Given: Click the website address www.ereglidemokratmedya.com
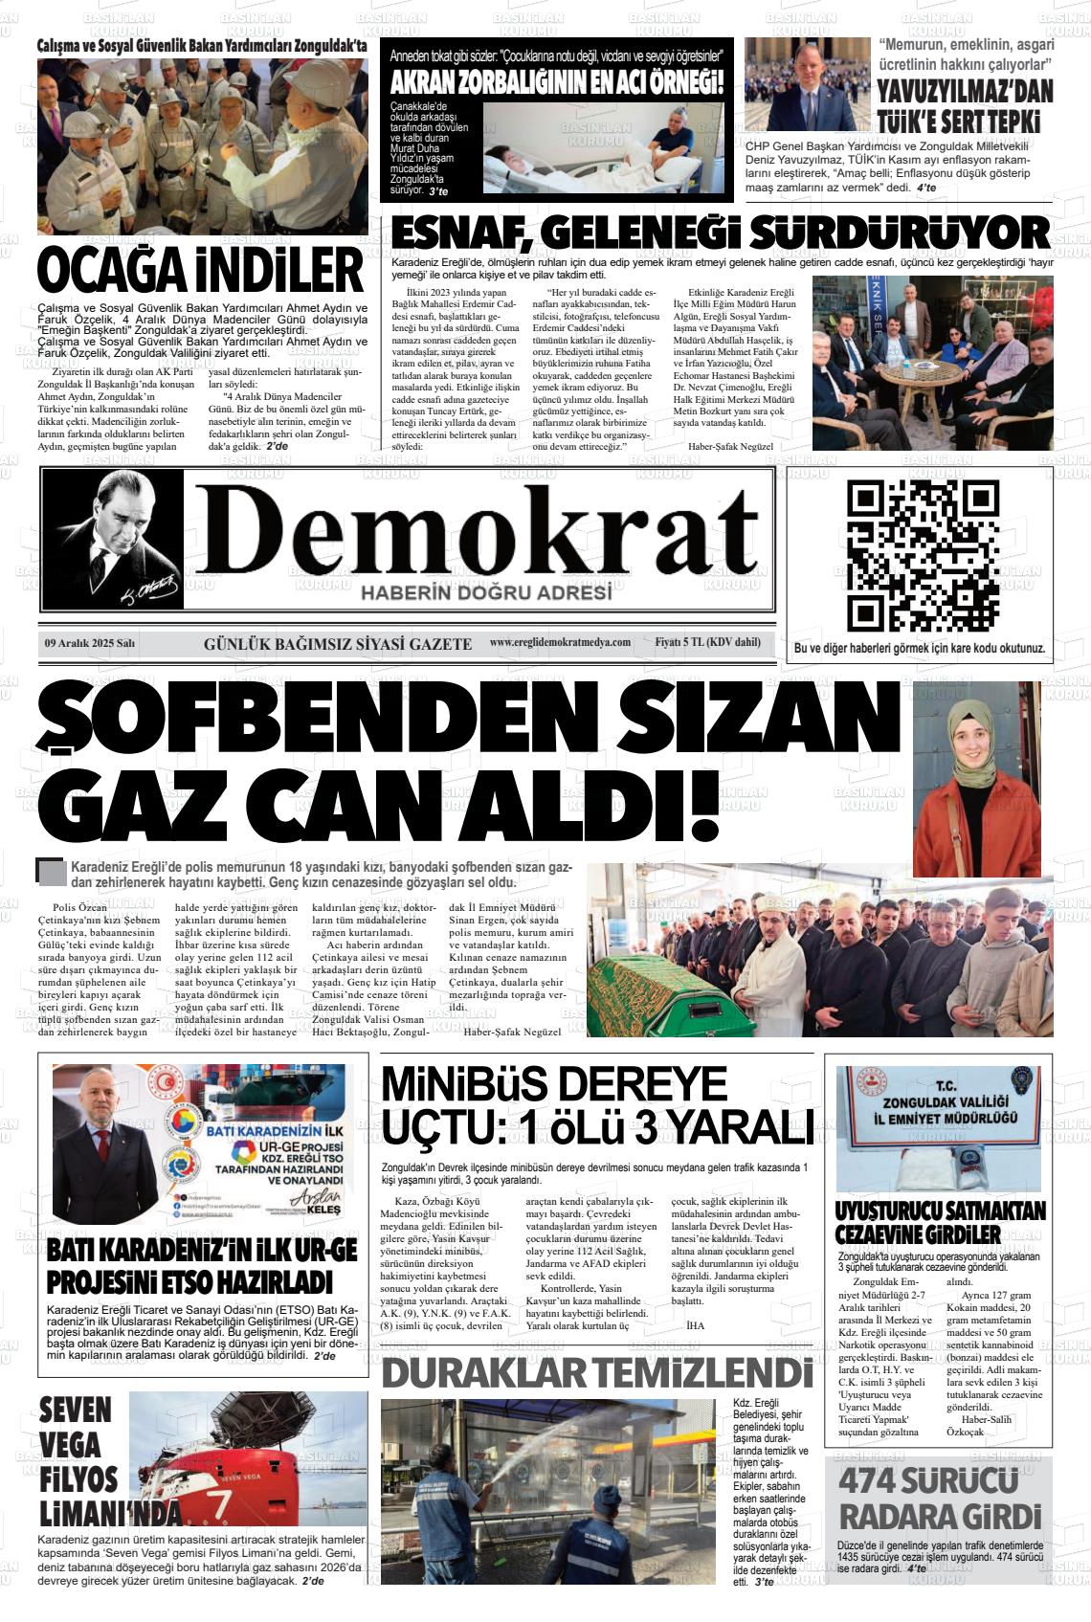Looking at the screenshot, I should [560, 642].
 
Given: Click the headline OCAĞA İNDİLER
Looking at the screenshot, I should [201, 272].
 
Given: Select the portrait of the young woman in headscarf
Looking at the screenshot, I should [976, 778].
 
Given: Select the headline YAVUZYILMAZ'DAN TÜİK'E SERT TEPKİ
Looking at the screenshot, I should [965, 105].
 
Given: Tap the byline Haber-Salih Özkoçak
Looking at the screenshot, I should [986, 1425].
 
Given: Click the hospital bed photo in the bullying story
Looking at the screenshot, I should [602, 147].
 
